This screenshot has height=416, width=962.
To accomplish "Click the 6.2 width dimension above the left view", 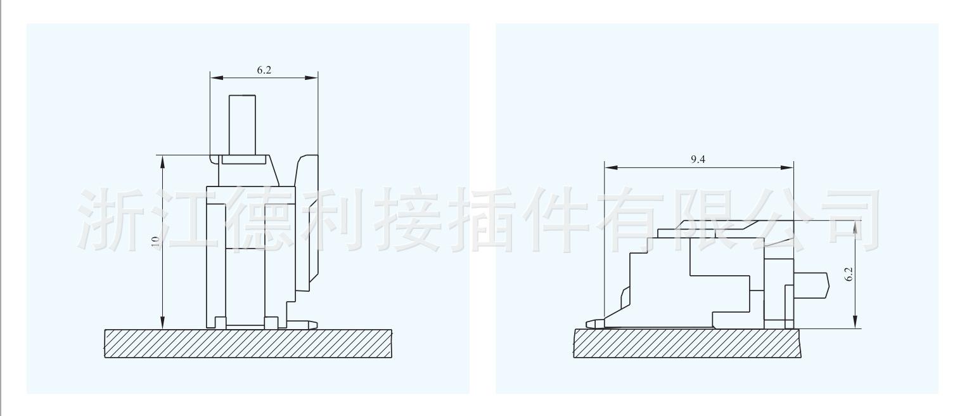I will tap(264, 70).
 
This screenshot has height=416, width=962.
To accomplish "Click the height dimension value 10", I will tap(155, 242).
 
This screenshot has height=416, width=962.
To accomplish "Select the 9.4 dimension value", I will tap(698, 160).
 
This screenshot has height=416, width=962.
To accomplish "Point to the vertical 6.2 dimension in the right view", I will tap(849, 274).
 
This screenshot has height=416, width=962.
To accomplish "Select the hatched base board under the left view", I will tap(248, 344).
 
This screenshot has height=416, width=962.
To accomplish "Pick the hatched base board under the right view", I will tap(687, 343).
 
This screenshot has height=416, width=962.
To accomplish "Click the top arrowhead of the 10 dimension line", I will tap(163, 161).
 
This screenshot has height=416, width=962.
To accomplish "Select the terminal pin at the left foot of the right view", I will tap(594, 323).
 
